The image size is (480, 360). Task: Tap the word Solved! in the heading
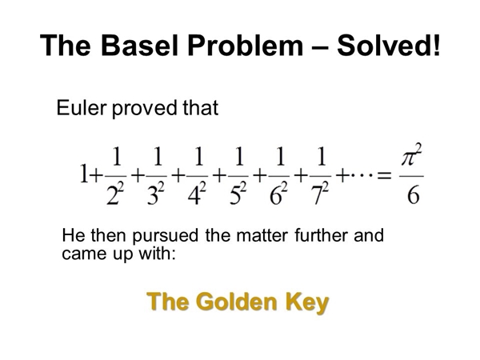point(389,46)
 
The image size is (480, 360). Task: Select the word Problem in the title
point(246,46)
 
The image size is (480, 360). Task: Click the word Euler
point(82,108)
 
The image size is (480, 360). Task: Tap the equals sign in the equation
point(384,176)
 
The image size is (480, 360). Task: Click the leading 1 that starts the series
point(83,174)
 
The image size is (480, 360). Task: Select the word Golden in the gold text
point(238,302)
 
